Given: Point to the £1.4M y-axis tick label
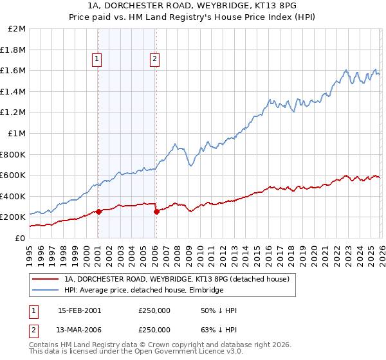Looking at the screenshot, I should pos(13,91).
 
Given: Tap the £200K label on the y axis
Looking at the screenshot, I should pos(13,217).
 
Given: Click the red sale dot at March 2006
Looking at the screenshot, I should pos(156,212).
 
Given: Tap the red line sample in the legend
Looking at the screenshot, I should pos(45,280).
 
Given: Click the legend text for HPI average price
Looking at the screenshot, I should pos(143,291).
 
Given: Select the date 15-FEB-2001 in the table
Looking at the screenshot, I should pos(79,310).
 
